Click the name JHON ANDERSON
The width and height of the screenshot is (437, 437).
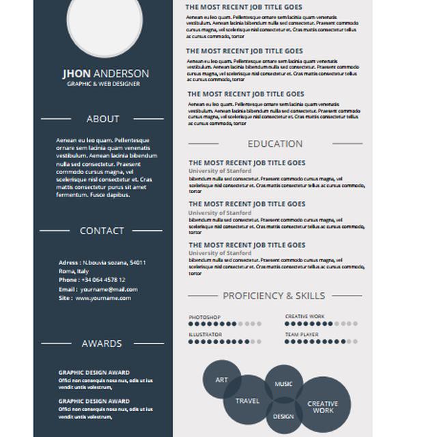coord(105,74)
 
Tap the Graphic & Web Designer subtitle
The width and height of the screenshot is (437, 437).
coord(103,84)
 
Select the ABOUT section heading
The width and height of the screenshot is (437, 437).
coord(103,119)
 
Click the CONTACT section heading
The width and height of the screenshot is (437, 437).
coord(102,231)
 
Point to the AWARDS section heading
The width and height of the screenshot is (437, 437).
coord(102,343)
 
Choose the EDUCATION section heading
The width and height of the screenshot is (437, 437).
coord(274,143)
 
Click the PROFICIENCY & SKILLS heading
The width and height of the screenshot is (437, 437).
coord(274,296)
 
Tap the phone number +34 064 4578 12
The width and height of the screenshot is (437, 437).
coord(102,280)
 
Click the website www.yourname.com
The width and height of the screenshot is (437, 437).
coord(103,298)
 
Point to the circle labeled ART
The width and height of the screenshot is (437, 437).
coord(222,380)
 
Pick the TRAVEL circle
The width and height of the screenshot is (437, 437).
coord(248,401)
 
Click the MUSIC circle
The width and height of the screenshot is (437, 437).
coord(283,384)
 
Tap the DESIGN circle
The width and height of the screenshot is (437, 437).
coord(283,416)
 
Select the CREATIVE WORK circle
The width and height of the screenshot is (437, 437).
coord(323,407)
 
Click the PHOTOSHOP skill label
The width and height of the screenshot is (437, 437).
coord(204,317)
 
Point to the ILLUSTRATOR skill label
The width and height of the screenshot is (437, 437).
coord(205,335)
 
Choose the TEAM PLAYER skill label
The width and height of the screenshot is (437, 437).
coord(302,335)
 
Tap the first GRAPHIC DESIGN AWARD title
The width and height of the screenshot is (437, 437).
coord(94,373)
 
